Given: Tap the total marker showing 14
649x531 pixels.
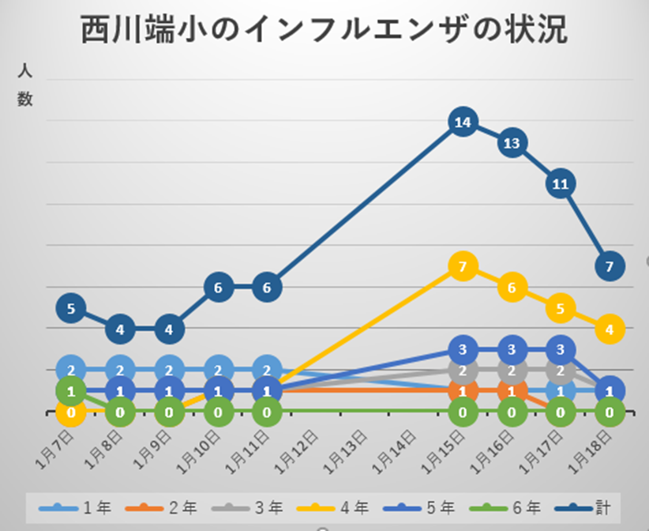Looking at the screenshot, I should point(463,122).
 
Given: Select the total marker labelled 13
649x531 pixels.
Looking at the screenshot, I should point(512,143).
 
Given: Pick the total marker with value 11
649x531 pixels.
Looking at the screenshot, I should point(561,184).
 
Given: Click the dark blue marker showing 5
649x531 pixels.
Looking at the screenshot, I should point(71,308).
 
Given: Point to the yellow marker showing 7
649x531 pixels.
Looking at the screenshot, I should point(463,267).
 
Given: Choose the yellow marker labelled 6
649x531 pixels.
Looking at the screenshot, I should point(512,288).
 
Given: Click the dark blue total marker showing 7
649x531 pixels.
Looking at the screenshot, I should point(609,267).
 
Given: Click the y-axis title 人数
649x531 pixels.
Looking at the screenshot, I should point(25,85).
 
